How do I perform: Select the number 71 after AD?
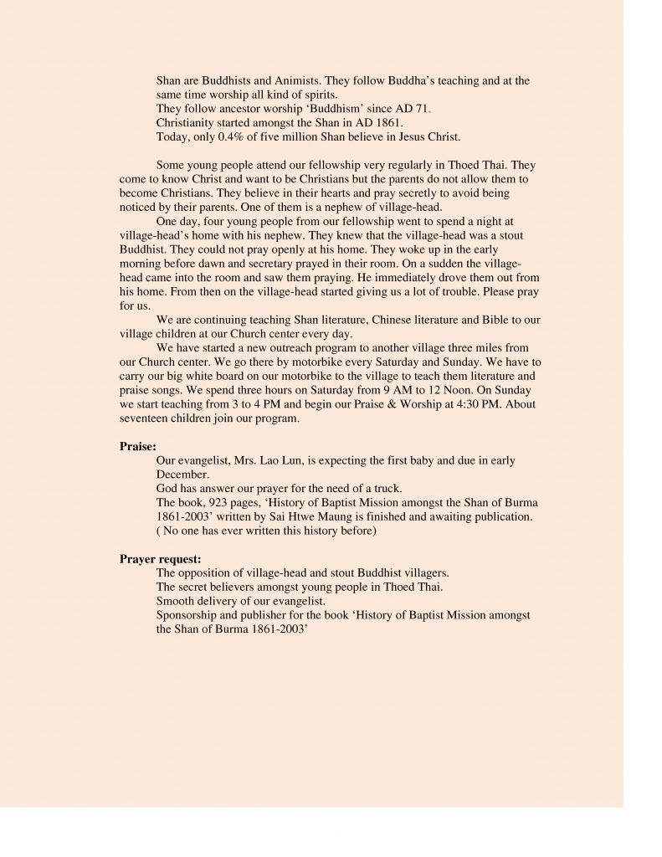point(424,109)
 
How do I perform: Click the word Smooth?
point(177,601)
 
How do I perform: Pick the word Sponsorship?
point(188,614)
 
